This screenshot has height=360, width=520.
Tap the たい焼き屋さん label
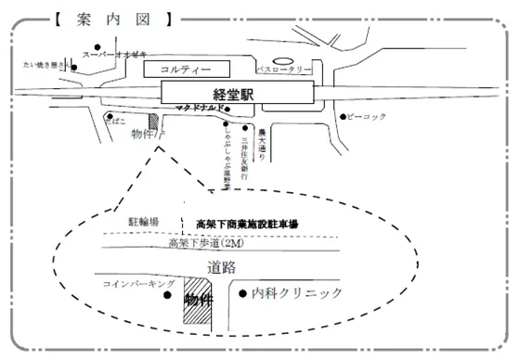[44, 66]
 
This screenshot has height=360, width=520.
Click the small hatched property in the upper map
[154, 122]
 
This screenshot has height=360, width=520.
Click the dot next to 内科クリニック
[242, 295]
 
